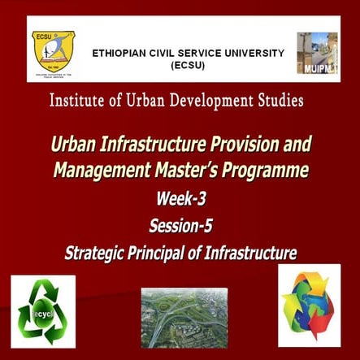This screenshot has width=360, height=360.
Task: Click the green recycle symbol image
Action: pos(43,311)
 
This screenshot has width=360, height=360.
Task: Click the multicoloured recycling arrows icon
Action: pos(310,306)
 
